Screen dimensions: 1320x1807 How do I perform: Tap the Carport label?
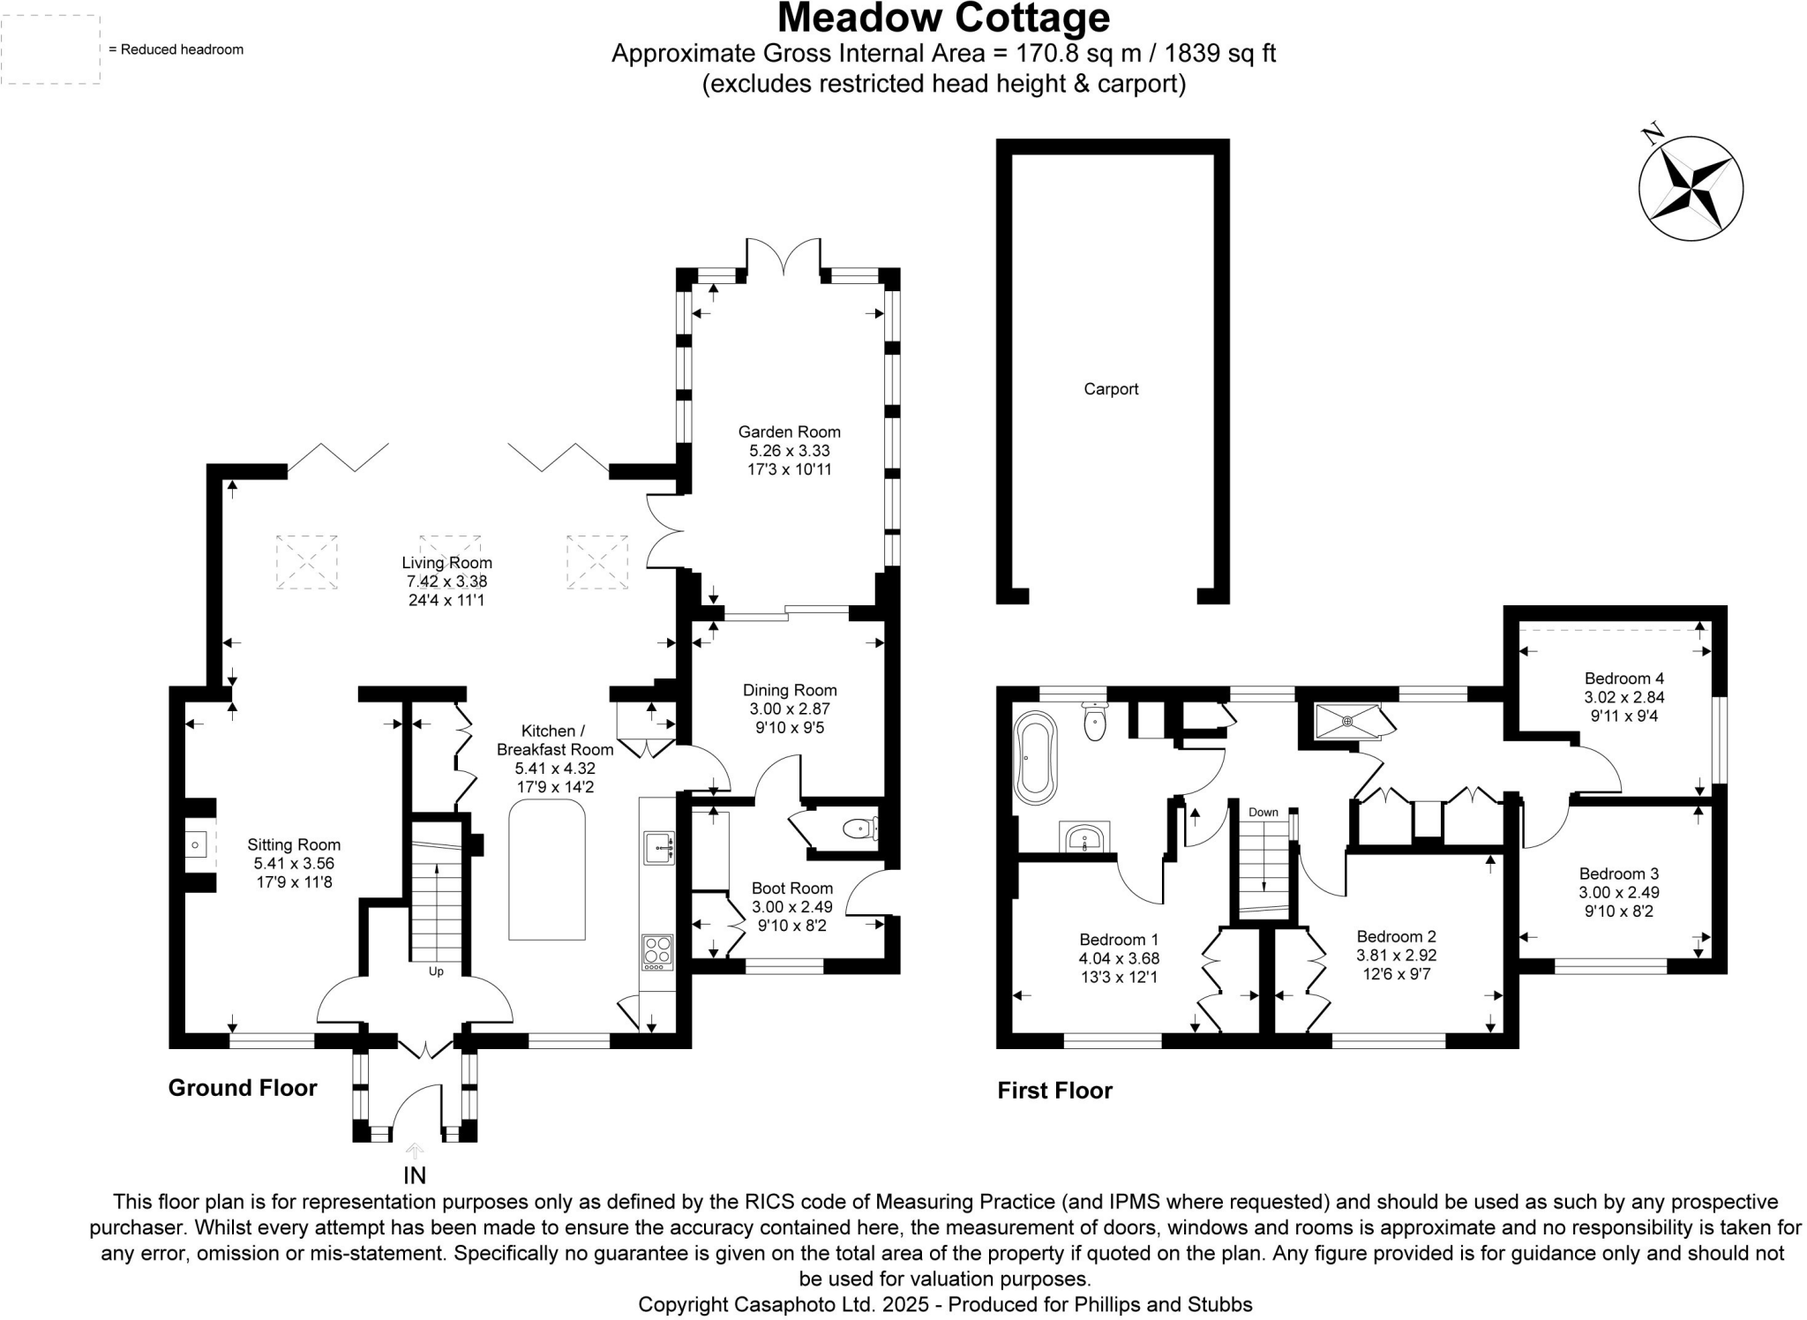click(x=1111, y=389)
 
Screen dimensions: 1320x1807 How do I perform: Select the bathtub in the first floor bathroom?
click(x=1035, y=756)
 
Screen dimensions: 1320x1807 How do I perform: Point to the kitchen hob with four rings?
click(x=657, y=951)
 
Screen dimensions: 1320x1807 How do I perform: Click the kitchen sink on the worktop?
click(x=658, y=847)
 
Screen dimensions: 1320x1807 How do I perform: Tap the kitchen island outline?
click(x=547, y=870)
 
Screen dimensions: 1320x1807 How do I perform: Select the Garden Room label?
click(x=789, y=432)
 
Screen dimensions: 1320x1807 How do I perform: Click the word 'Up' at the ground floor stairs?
click(x=436, y=971)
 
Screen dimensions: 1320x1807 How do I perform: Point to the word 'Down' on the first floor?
click(x=1263, y=812)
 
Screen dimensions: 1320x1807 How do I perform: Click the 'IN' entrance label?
click(x=415, y=1175)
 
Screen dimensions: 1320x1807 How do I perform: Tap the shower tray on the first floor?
click(x=1347, y=722)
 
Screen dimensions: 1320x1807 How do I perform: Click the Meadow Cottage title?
click(x=943, y=19)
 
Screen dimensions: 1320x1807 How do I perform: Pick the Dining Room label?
click(x=789, y=690)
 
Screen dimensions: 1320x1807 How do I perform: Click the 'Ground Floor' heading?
click(x=243, y=1088)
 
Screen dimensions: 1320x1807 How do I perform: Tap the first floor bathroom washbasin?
click(x=1085, y=836)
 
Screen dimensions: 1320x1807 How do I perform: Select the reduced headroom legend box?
click(x=50, y=49)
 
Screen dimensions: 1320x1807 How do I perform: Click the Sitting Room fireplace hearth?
click(x=196, y=845)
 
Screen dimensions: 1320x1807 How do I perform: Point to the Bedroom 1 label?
click(x=1119, y=940)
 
